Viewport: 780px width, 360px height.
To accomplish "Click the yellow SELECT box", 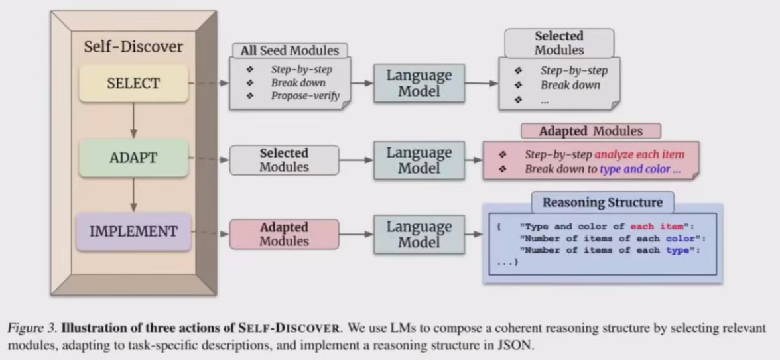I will [133, 84].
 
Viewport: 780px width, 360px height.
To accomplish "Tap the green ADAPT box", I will [133, 158].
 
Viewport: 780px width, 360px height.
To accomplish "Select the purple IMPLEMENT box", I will [133, 231].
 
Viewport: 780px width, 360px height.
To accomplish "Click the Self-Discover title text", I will [133, 46].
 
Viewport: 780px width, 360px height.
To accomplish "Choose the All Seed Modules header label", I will [290, 50].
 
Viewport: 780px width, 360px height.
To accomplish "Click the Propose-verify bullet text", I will [305, 96].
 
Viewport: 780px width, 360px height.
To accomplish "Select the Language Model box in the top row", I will [419, 83].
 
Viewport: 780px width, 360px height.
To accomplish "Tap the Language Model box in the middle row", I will [419, 160].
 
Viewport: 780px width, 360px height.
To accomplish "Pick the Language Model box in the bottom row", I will [419, 234].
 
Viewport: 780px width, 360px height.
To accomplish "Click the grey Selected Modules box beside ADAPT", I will [284, 160].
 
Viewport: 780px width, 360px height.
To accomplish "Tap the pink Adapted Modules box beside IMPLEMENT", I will [284, 234].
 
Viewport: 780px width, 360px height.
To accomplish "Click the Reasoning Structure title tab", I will [602, 202].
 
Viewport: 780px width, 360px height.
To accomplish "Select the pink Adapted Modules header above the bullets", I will [590, 131].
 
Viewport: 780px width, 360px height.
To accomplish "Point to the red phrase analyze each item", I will [639, 154].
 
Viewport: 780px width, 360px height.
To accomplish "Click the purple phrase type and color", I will [635, 169].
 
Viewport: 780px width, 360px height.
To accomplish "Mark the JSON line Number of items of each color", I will [610, 238].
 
